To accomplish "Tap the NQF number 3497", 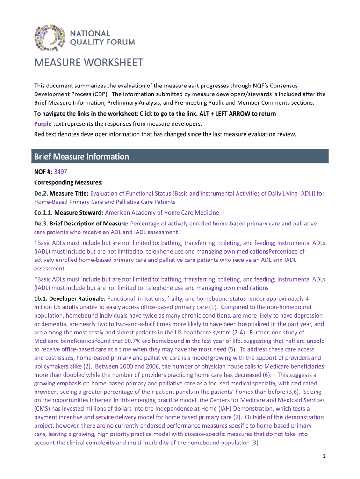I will (x=61, y=172).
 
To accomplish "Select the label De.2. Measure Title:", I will (x=61, y=193).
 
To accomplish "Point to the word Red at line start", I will (x=39, y=134).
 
